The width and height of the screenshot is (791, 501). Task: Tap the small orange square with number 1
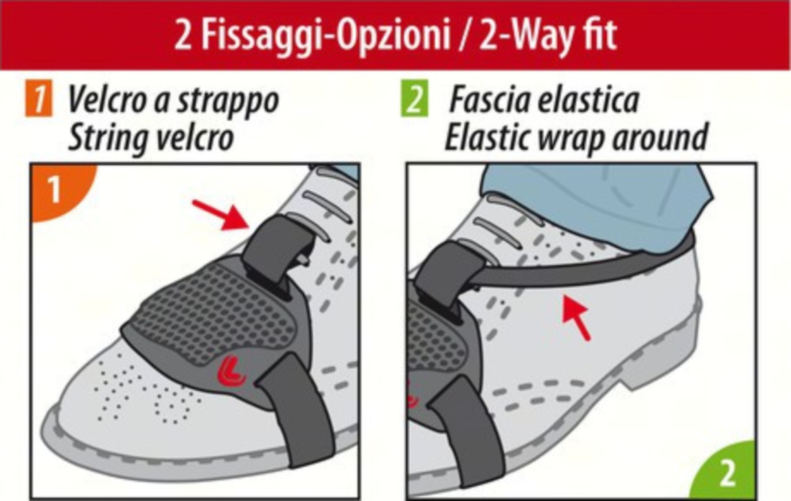tap(38, 99)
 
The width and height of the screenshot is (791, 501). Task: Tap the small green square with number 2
tap(415, 98)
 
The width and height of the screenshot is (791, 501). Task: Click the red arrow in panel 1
tap(220, 214)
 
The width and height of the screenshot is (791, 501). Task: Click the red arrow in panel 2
tap(576, 317)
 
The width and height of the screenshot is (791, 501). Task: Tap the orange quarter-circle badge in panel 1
tap(58, 189)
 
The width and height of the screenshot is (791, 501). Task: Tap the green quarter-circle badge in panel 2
tap(726, 471)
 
